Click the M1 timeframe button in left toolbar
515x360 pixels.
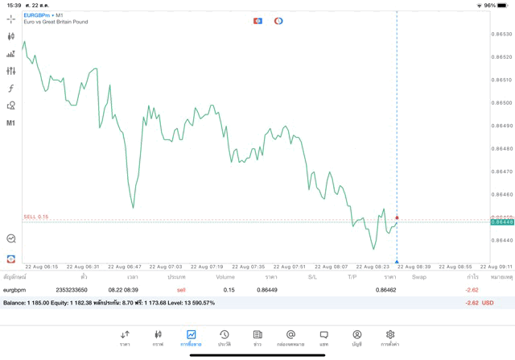[x=10, y=123]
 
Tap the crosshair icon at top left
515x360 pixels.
[x=10, y=19]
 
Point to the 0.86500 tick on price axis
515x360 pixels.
[x=503, y=102]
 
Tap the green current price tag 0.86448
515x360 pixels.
[x=503, y=222]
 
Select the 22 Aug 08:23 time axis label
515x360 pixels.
[x=373, y=267]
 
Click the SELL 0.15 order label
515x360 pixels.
[x=36, y=217]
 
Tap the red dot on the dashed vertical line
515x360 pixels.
[x=397, y=217]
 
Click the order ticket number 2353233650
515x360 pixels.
[x=72, y=290]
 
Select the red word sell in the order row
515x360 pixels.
[x=181, y=290]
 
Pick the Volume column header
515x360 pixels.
[x=225, y=277]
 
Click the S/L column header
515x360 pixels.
[x=312, y=277]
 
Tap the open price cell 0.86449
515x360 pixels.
[x=266, y=290]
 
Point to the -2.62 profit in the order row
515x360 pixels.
[x=472, y=290]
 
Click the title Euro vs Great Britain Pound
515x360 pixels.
[x=56, y=22]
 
